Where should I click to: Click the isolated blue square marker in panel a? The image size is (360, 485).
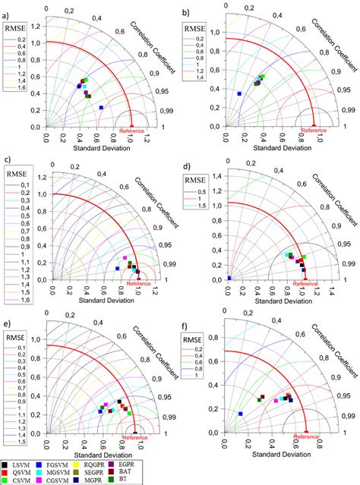coord(100,108)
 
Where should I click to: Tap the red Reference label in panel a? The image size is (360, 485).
coord(132,131)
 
